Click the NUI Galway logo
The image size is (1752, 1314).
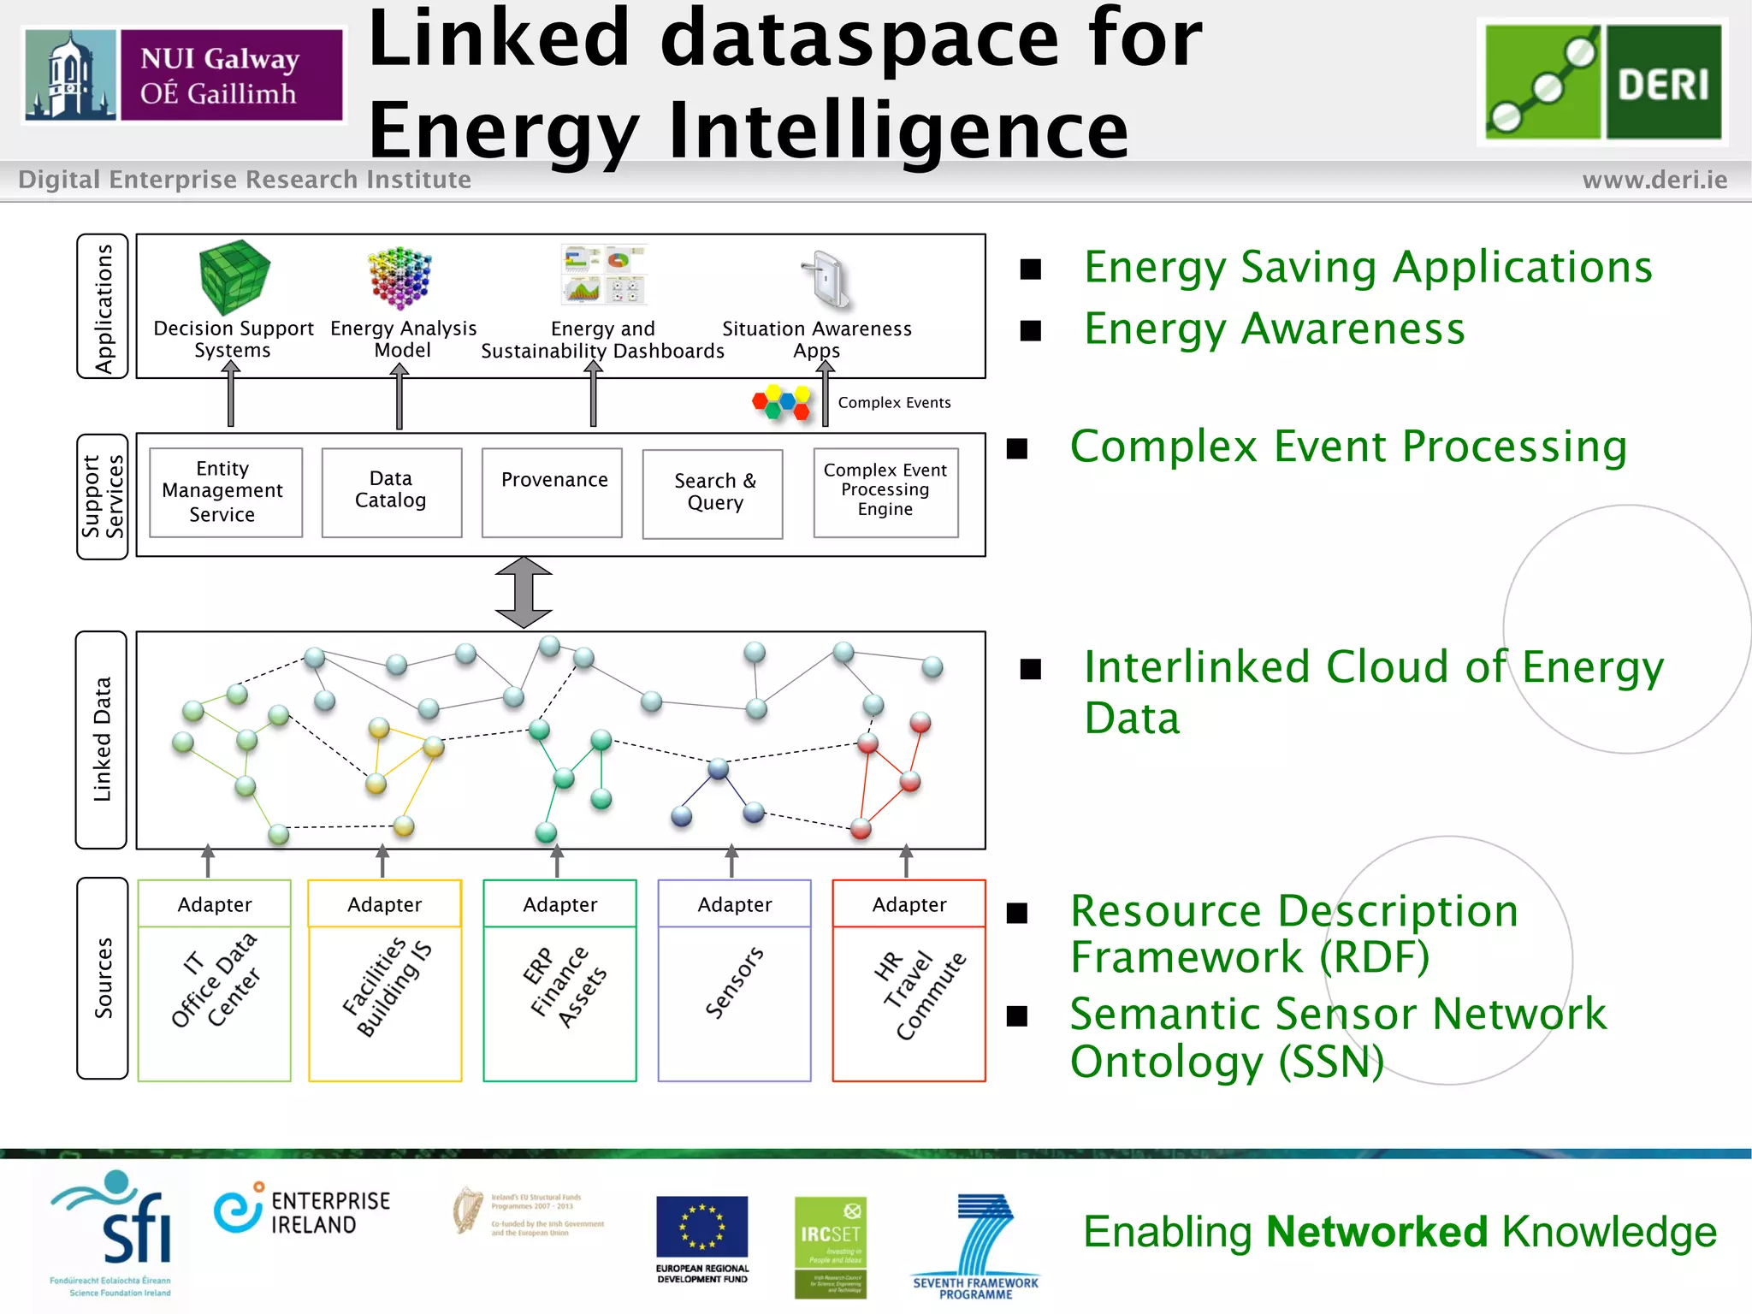pos(184,75)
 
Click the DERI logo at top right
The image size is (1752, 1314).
pos(1602,81)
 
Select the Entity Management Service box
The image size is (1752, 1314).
pos(225,492)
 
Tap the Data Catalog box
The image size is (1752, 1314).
pos(391,492)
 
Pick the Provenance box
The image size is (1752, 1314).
pos(552,492)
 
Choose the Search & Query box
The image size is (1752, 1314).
pos(713,494)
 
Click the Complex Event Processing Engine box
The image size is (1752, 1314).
pos(885,492)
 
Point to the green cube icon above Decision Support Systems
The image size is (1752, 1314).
pos(234,277)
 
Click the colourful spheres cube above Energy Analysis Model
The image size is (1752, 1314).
pos(400,277)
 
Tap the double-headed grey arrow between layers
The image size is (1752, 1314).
pos(524,593)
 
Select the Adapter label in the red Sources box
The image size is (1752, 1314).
pos(909,904)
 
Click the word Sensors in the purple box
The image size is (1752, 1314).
pos(733,983)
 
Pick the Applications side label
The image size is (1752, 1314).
pos(103,306)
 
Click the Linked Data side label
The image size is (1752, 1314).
pos(102,739)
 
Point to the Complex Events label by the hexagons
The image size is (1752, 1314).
pos(894,403)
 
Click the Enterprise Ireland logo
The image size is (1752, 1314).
pos(302,1211)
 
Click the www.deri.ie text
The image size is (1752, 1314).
pos(1654,180)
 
